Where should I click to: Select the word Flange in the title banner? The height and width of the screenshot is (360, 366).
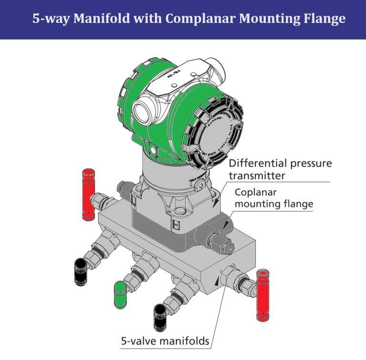325,19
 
